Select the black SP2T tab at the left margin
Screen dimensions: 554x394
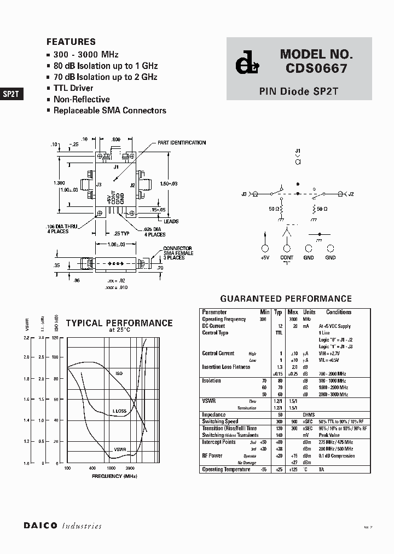point(11,94)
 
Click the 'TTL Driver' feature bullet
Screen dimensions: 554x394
point(73,88)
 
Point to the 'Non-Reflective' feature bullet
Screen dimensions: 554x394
point(81,100)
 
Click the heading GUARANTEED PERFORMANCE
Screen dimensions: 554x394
point(286,299)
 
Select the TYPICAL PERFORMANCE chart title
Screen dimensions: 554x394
point(119,323)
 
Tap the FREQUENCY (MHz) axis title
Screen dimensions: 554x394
point(114,476)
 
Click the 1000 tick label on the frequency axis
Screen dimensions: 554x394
point(111,469)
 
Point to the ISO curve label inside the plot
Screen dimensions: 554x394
point(119,373)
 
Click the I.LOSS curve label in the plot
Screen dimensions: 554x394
point(120,411)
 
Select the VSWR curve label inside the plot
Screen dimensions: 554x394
point(120,450)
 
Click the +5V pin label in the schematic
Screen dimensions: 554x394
point(265,257)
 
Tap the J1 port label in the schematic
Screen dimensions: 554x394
point(298,151)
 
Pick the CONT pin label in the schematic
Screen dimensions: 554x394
point(287,257)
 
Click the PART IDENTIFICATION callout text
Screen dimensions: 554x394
point(182,143)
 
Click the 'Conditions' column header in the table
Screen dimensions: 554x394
point(339,312)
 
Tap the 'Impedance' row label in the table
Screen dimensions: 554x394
point(214,415)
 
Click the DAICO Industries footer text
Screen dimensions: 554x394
point(62,526)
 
